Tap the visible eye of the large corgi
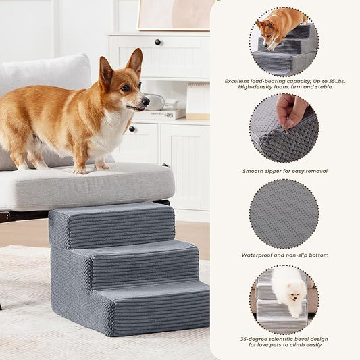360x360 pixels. click(x=126, y=87)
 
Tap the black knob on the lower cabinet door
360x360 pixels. click(x=132, y=128)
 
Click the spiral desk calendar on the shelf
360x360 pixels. click(x=197, y=100)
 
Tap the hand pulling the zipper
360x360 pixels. click(x=291, y=110)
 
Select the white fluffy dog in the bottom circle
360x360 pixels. click(x=290, y=290)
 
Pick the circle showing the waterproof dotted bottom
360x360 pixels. click(x=284, y=213)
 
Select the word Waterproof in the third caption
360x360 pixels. click(x=258, y=255)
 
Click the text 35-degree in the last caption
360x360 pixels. click(x=255, y=339)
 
